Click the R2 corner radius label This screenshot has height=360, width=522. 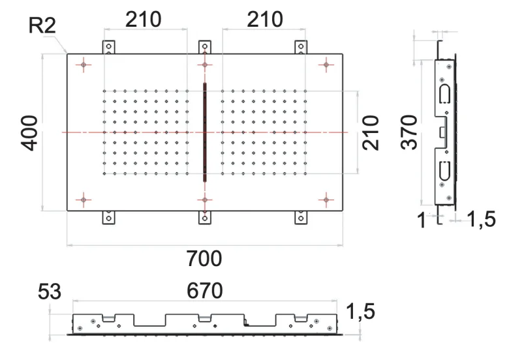click(42, 27)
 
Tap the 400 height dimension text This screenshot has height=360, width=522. click(30, 132)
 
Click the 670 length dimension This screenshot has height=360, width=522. click(204, 290)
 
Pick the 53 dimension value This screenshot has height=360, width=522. click(49, 291)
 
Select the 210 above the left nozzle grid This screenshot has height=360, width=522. click(144, 20)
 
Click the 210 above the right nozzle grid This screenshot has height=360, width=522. click(265, 20)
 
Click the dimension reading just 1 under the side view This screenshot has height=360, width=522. click(421, 220)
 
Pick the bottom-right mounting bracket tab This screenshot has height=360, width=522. click(301, 217)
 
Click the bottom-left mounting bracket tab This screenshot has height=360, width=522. click(109, 217)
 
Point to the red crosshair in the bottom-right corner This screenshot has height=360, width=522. click(326, 200)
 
